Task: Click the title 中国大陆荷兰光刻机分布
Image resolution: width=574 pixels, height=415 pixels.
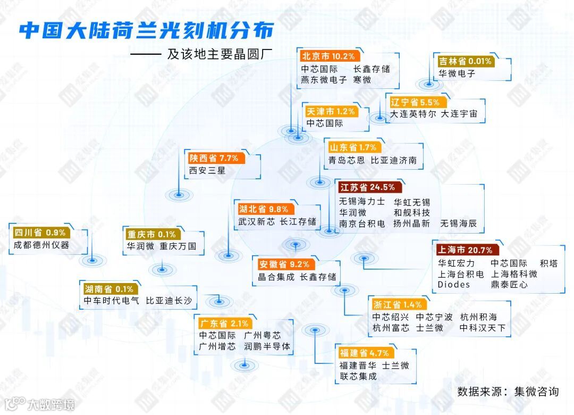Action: coord(146,30)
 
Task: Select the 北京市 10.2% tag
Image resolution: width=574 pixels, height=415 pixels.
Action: coord(328,56)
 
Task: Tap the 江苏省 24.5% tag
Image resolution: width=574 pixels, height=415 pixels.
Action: coord(368,187)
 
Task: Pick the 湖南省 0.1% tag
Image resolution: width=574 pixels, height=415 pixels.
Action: coord(108,289)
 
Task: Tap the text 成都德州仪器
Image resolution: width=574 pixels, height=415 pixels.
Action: coord(42,245)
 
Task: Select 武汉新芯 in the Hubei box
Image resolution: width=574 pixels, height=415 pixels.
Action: coord(256,221)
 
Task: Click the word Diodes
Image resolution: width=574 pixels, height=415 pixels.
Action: coord(453,285)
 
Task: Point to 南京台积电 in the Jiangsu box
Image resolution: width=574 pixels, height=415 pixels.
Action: coord(362,224)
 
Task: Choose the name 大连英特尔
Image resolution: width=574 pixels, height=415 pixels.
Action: coord(413,114)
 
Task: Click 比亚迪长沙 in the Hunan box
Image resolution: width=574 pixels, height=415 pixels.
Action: coord(168,301)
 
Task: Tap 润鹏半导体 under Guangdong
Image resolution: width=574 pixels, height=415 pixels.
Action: coord(267,346)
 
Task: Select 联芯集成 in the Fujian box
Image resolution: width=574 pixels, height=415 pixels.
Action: coord(358,376)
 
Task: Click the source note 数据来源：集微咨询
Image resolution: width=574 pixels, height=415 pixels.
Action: coord(508,392)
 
